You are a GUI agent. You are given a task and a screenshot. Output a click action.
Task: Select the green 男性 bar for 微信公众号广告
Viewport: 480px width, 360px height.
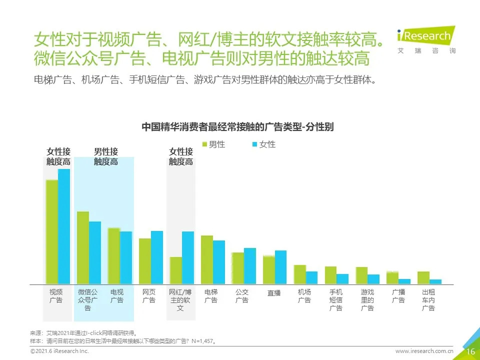(x=83, y=247)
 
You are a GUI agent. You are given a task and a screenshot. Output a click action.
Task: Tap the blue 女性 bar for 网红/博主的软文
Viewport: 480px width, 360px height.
(x=187, y=257)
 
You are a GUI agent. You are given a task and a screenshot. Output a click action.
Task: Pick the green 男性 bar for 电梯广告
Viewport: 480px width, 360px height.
(x=207, y=259)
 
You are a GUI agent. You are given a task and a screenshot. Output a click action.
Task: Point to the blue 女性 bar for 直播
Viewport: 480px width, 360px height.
(x=280, y=267)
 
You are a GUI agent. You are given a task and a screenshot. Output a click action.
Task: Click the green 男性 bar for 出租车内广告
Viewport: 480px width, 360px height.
(x=423, y=277)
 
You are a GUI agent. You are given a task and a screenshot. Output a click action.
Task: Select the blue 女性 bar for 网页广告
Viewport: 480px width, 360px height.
(x=157, y=257)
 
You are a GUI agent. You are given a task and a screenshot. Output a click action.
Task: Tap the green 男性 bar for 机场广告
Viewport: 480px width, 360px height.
(x=299, y=274)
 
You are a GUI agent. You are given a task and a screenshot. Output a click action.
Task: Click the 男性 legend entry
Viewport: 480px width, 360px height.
(x=213, y=144)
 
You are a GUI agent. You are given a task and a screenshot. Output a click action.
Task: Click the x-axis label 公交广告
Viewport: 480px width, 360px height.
(x=242, y=296)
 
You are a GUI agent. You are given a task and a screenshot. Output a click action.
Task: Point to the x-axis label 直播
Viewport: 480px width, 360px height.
(x=274, y=293)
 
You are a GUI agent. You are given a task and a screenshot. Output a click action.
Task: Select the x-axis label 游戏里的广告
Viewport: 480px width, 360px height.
(x=367, y=300)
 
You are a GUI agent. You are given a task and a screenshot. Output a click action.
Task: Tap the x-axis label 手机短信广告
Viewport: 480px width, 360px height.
(x=336, y=300)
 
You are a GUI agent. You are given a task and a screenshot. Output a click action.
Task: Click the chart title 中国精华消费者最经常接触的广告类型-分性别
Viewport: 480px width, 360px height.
(x=237, y=127)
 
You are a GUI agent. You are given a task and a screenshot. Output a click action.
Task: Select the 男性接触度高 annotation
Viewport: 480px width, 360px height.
(x=106, y=156)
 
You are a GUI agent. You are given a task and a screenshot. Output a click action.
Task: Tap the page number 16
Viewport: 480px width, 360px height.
(x=470, y=351)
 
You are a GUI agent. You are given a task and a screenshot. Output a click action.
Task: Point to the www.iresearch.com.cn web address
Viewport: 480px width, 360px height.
(x=424, y=351)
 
